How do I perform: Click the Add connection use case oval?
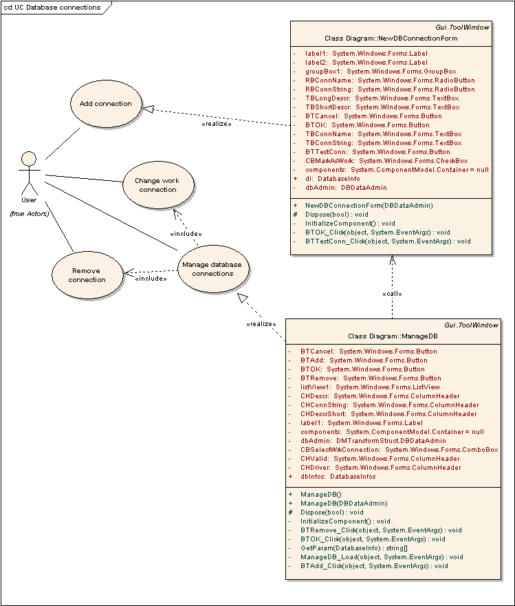tap(106, 104)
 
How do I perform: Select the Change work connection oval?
tap(158, 185)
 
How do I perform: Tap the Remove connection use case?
tap(87, 275)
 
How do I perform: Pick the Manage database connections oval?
tap(213, 269)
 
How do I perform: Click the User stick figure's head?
tap(29, 159)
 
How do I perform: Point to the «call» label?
tap(392, 294)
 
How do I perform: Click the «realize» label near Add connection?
tap(217, 124)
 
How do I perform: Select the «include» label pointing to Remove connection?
tap(151, 279)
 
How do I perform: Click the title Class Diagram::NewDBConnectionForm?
tap(391, 39)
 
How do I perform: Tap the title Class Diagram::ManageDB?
tap(393, 336)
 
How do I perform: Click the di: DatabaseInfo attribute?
tap(333, 179)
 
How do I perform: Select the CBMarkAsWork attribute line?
tap(386, 161)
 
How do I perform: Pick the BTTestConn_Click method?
tap(388, 241)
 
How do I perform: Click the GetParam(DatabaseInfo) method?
tap(353, 548)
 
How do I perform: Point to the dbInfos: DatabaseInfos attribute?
tap(338, 477)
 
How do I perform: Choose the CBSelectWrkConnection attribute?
tap(399, 450)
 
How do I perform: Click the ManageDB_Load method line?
tap(382, 557)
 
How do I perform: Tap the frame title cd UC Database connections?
tap(52, 8)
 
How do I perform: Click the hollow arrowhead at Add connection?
tap(148, 109)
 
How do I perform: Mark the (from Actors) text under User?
tap(30, 214)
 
